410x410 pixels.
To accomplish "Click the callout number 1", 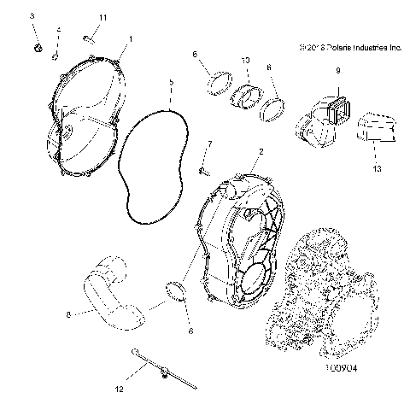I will tap(131, 38).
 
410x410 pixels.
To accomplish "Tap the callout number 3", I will tap(33, 16).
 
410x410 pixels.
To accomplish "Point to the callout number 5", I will tap(171, 83).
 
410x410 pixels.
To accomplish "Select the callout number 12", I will tap(120, 389).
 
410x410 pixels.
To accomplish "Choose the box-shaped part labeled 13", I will tap(374, 127).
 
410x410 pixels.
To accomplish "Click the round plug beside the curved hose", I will tap(179, 294).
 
